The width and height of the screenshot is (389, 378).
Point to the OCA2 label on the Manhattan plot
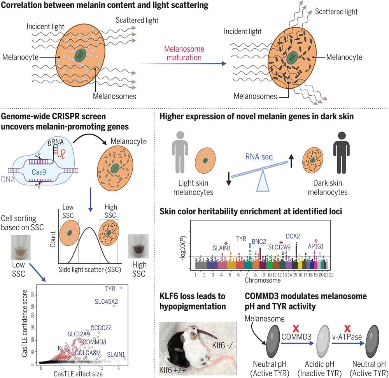coord(293,236)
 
